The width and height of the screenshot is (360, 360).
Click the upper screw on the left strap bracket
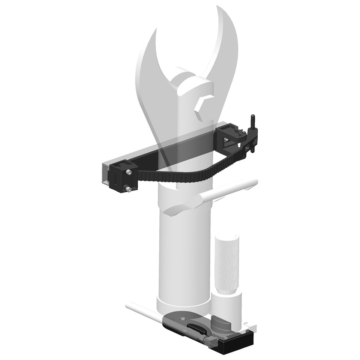click(x=129, y=172)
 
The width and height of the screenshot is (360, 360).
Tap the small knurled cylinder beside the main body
click(x=226, y=262)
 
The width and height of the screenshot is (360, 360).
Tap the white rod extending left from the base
click(x=141, y=311)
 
